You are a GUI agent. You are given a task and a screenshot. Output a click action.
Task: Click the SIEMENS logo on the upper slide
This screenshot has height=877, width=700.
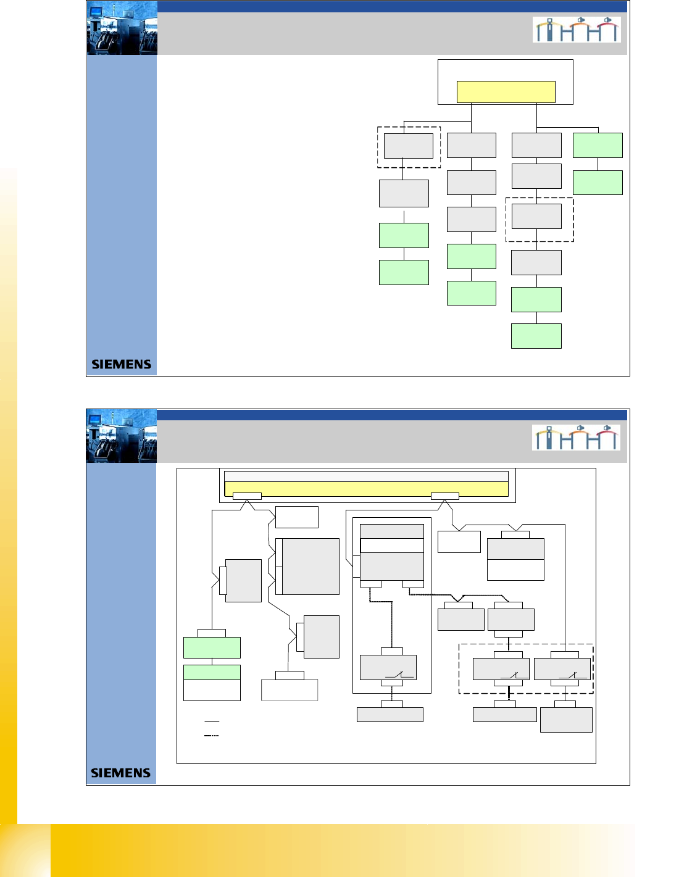point(121,364)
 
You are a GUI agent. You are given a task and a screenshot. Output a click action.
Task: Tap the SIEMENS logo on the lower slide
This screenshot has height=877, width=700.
point(120,773)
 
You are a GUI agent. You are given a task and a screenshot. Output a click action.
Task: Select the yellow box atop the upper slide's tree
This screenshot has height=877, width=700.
point(506,92)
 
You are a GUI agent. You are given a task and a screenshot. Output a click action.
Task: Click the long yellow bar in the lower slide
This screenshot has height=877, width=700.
point(366,489)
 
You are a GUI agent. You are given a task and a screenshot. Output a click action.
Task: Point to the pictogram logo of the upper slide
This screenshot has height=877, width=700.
point(577,30)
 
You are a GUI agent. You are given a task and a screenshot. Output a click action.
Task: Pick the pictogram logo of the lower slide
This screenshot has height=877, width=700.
point(576,438)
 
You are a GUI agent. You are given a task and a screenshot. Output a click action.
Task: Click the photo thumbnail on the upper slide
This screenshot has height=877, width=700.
point(122,28)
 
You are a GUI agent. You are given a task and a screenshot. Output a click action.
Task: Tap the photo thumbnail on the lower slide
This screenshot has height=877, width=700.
point(122,436)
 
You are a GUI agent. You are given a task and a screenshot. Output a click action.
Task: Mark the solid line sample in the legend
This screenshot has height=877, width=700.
point(212,721)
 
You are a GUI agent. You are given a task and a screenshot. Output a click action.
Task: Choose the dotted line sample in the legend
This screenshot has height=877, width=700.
point(212,736)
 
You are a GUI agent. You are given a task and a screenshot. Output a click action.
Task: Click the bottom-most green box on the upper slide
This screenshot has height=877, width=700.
point(536,336)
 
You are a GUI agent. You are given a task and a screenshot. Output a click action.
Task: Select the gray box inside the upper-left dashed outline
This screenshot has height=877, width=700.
point(408,146)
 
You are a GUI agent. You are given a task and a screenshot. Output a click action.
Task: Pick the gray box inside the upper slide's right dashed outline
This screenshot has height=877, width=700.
point(536,217)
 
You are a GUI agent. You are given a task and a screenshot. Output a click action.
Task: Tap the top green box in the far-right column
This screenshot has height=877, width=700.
point(598,145)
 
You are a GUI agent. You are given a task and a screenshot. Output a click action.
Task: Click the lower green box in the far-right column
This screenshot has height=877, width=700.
point(598,183)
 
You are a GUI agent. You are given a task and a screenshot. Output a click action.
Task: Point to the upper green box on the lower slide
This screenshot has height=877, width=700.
point(212,647)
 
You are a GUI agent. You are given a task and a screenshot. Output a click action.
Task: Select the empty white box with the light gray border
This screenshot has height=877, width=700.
point(290,689)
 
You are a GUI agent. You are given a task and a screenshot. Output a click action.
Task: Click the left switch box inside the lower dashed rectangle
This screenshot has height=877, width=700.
point(501,669)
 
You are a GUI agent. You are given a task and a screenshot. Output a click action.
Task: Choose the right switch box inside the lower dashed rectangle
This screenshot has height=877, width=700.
point(562,669)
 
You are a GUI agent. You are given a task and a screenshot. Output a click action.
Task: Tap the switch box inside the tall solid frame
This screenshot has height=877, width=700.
point(388,667)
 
